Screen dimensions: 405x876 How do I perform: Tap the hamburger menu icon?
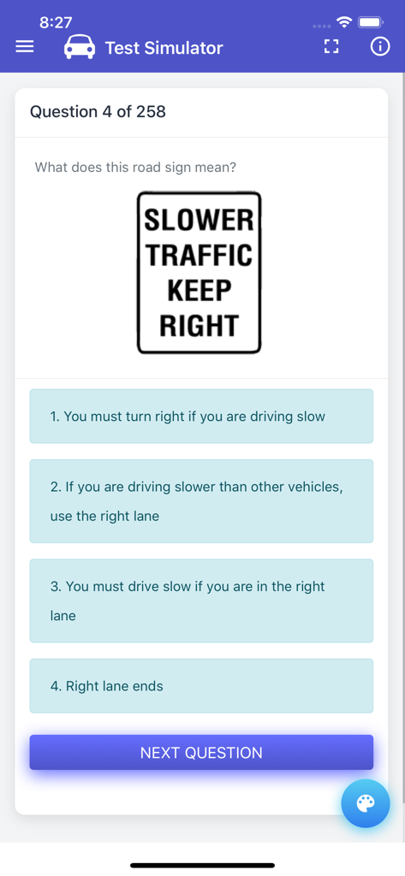pyautogui.click(x=25, y=48)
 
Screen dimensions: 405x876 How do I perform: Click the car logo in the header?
pyautogui.click(x=80, y=48)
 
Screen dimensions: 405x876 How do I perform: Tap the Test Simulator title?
pyautogui.click(x=164, y=48)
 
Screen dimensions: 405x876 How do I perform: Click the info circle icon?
pyautogui.click(x=380, y=47)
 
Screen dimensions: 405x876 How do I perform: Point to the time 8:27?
pyautogui.click(x=56, y=22)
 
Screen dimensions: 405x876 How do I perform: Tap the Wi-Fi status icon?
pyautogui.click(x=344, y=22)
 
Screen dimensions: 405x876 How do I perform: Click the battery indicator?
pyautogui.click(x=371, y=22)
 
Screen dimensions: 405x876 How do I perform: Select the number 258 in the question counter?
pyautogui.click(x=151, y=112)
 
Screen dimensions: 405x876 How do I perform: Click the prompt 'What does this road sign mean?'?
pyautogui.click(x=135, y=167)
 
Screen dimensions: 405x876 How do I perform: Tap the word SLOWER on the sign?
pyautogui.click(x=200, y=220)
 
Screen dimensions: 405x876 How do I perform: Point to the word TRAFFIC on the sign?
pyautogui.click(x=200, y=255)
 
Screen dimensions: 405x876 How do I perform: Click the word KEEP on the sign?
pyautogui.click(x=200, y=291)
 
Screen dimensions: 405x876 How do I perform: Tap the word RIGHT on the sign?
pyautogui.click(x=200, y=326)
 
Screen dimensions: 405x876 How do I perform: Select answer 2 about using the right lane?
pyautogui.click(x=201, y=501)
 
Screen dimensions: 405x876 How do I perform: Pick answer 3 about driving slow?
pyautogui.click(x=201, y=601)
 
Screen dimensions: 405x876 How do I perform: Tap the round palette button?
pyautogui.click(x=366, y=803)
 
